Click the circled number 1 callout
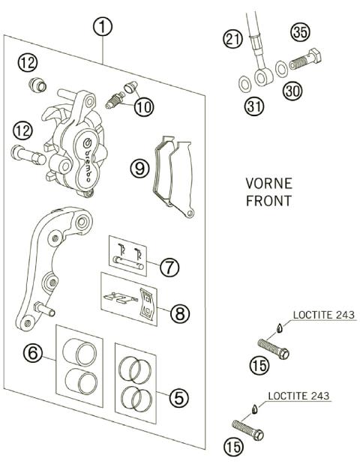[x=103, y=28]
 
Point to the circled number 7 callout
[x=171, y=266]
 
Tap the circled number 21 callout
[x=232, y=39]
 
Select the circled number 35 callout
[x=300, y=32]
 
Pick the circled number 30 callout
[x=292, y=91]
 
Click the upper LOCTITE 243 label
[x=325, y=314]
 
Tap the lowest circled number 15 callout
[x=233, y=448]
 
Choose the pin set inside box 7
[x=128, y=256]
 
